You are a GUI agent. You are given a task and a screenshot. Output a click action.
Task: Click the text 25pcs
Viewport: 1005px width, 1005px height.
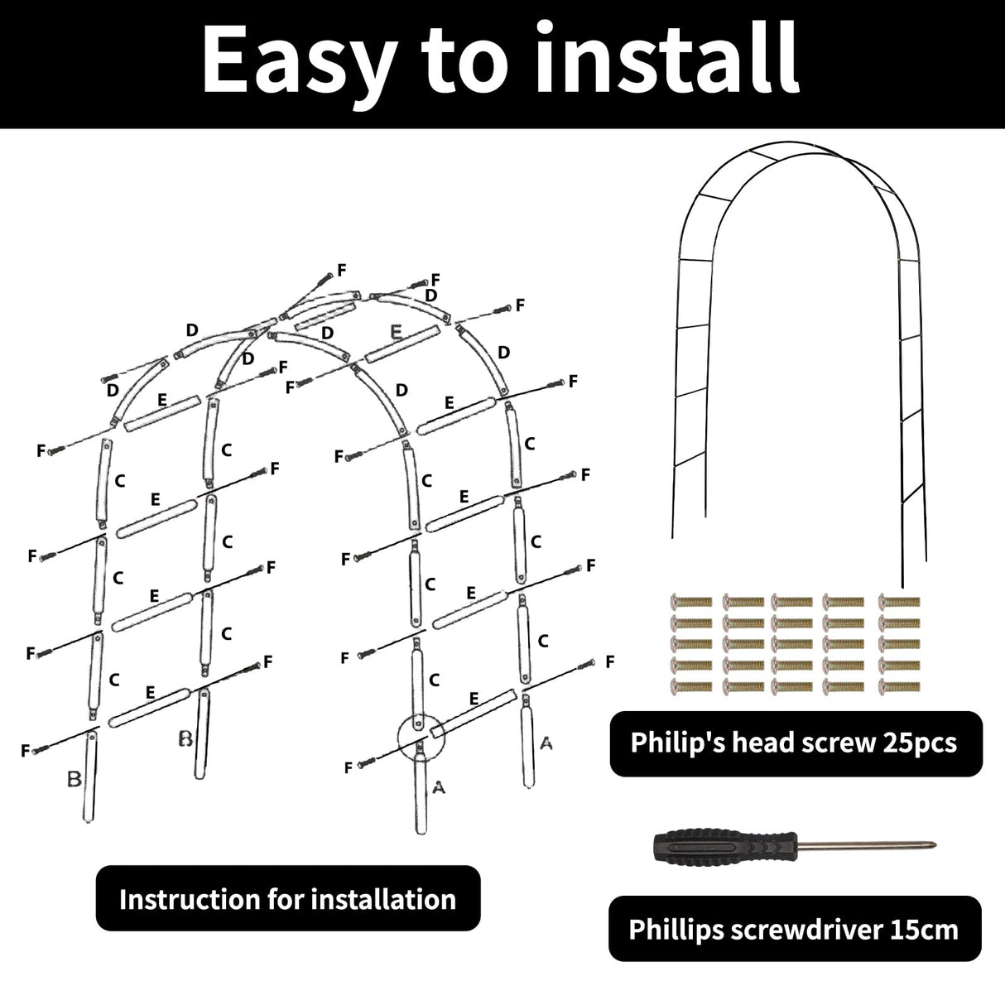point(917,743)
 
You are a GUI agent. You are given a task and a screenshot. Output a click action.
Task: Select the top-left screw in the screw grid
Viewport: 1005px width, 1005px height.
point(690,601)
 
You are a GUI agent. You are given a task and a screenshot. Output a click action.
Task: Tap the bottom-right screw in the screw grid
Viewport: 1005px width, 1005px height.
point(899,685)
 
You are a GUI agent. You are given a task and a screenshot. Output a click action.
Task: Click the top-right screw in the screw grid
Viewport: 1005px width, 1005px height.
point(899,601)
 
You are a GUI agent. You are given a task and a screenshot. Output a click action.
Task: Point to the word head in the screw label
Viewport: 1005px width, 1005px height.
point(753,743)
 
